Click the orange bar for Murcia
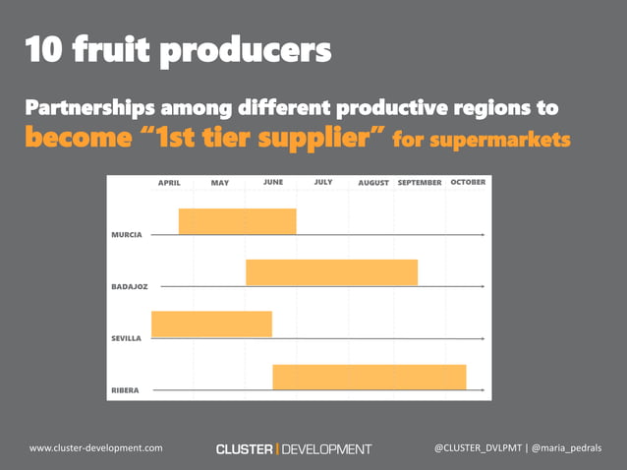point(237,221)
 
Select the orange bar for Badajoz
point(331,272)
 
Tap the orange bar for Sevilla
point(211,323)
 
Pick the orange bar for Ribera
point(369,377)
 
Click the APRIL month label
point(169,183)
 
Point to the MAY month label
point(219,183)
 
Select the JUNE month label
point(273,182)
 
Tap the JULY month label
point(323,182)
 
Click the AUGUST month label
point(373,183)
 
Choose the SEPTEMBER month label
point(420,183)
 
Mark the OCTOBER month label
point(468,182)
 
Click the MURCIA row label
point(127,235)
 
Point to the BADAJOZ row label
point(130,286)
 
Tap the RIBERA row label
point(125,390)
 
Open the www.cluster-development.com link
point(96,448)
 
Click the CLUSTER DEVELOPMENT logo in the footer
point(294,449)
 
